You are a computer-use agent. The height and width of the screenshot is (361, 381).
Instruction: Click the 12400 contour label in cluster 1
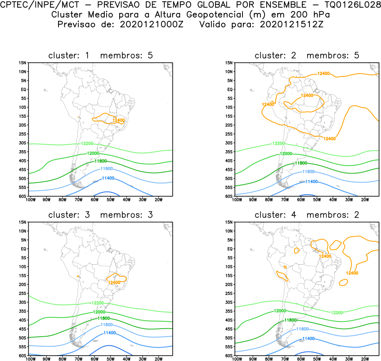click(119, 120)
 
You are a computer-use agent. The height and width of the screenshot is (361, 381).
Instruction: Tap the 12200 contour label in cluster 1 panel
click(87, 143)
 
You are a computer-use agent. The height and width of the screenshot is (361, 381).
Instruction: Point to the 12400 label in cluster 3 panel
click(114, 282)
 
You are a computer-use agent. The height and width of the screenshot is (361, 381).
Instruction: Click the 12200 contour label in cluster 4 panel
click(337, 312)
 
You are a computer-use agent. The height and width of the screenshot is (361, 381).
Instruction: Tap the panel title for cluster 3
click(100, 215)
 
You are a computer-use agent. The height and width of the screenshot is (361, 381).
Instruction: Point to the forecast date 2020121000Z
click(152, 25)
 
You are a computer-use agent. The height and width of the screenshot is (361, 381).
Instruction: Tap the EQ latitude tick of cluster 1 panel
click(24, 89)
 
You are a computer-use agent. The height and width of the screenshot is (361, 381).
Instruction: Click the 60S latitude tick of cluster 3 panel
click(23, 356)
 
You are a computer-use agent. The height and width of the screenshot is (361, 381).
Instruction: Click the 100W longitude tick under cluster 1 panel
click(31, 200)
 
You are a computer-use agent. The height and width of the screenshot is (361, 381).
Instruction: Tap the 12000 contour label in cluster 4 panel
click(280, 311)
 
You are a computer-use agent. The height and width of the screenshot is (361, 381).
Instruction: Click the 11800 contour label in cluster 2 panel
click(301, 163)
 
